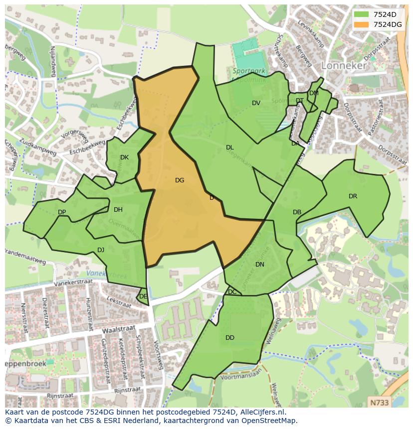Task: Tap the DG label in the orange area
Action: (180, 180)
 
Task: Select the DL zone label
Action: (229, 147)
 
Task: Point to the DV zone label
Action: (256, 103)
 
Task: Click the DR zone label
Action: (353, 196)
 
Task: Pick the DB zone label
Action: (297, 212)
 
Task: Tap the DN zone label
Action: (259, 265)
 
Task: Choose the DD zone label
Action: (229, 338)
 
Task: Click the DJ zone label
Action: (101, 250)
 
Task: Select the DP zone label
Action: (62, 212)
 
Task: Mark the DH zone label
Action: (118, 210)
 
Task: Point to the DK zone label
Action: (124, 157)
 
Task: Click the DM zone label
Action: (314, 93)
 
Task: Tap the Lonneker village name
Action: (344, 65)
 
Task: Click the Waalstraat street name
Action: (119, 329)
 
